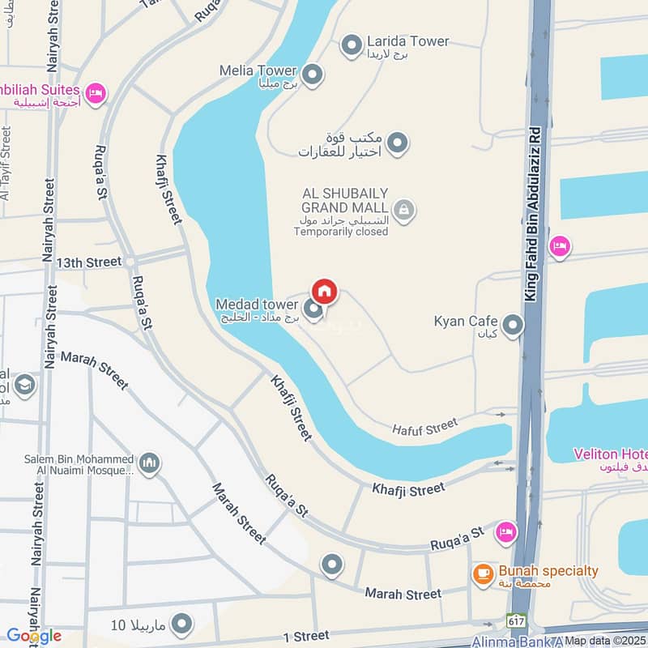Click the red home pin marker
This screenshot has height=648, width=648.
(x=324, y=291)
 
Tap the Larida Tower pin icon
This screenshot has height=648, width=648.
(x=352, y=46)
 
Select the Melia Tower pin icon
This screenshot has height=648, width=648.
(x=313, y=75)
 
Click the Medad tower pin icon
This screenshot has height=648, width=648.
(x=313, y=309)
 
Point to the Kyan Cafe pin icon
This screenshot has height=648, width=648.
(x=512, y=326)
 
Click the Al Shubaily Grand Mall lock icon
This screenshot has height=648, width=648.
(x=405, y=211)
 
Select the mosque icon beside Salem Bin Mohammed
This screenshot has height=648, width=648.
(x=148, y=464)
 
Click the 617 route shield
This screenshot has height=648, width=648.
(x=515, y=620)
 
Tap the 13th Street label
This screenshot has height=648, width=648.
(x=89, y=262)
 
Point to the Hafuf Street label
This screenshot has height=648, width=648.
(x=426, y=427)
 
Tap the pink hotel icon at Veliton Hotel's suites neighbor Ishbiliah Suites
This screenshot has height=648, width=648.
(x=96, y=95)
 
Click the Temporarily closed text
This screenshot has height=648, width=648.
(x=341, y=232)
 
